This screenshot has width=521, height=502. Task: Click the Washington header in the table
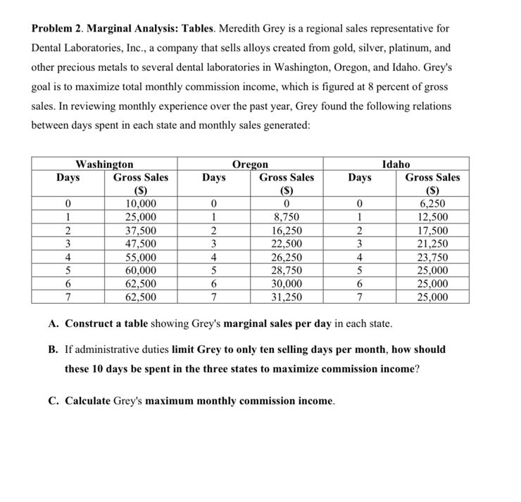104,164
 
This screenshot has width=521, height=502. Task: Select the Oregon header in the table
250,164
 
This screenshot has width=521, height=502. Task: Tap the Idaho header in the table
396,164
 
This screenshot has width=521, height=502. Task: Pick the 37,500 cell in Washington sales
141,230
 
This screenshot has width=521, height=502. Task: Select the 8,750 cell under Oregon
287,217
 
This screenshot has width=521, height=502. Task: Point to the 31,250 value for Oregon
287,297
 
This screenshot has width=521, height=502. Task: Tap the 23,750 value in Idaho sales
432,257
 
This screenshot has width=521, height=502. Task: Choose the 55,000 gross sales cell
141,257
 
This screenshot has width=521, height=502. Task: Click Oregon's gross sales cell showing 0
287,203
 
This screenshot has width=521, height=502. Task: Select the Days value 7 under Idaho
360,297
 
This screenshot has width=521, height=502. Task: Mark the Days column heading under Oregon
213,177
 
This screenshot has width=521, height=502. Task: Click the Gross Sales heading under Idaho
432,177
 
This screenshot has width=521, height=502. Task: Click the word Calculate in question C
87,401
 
